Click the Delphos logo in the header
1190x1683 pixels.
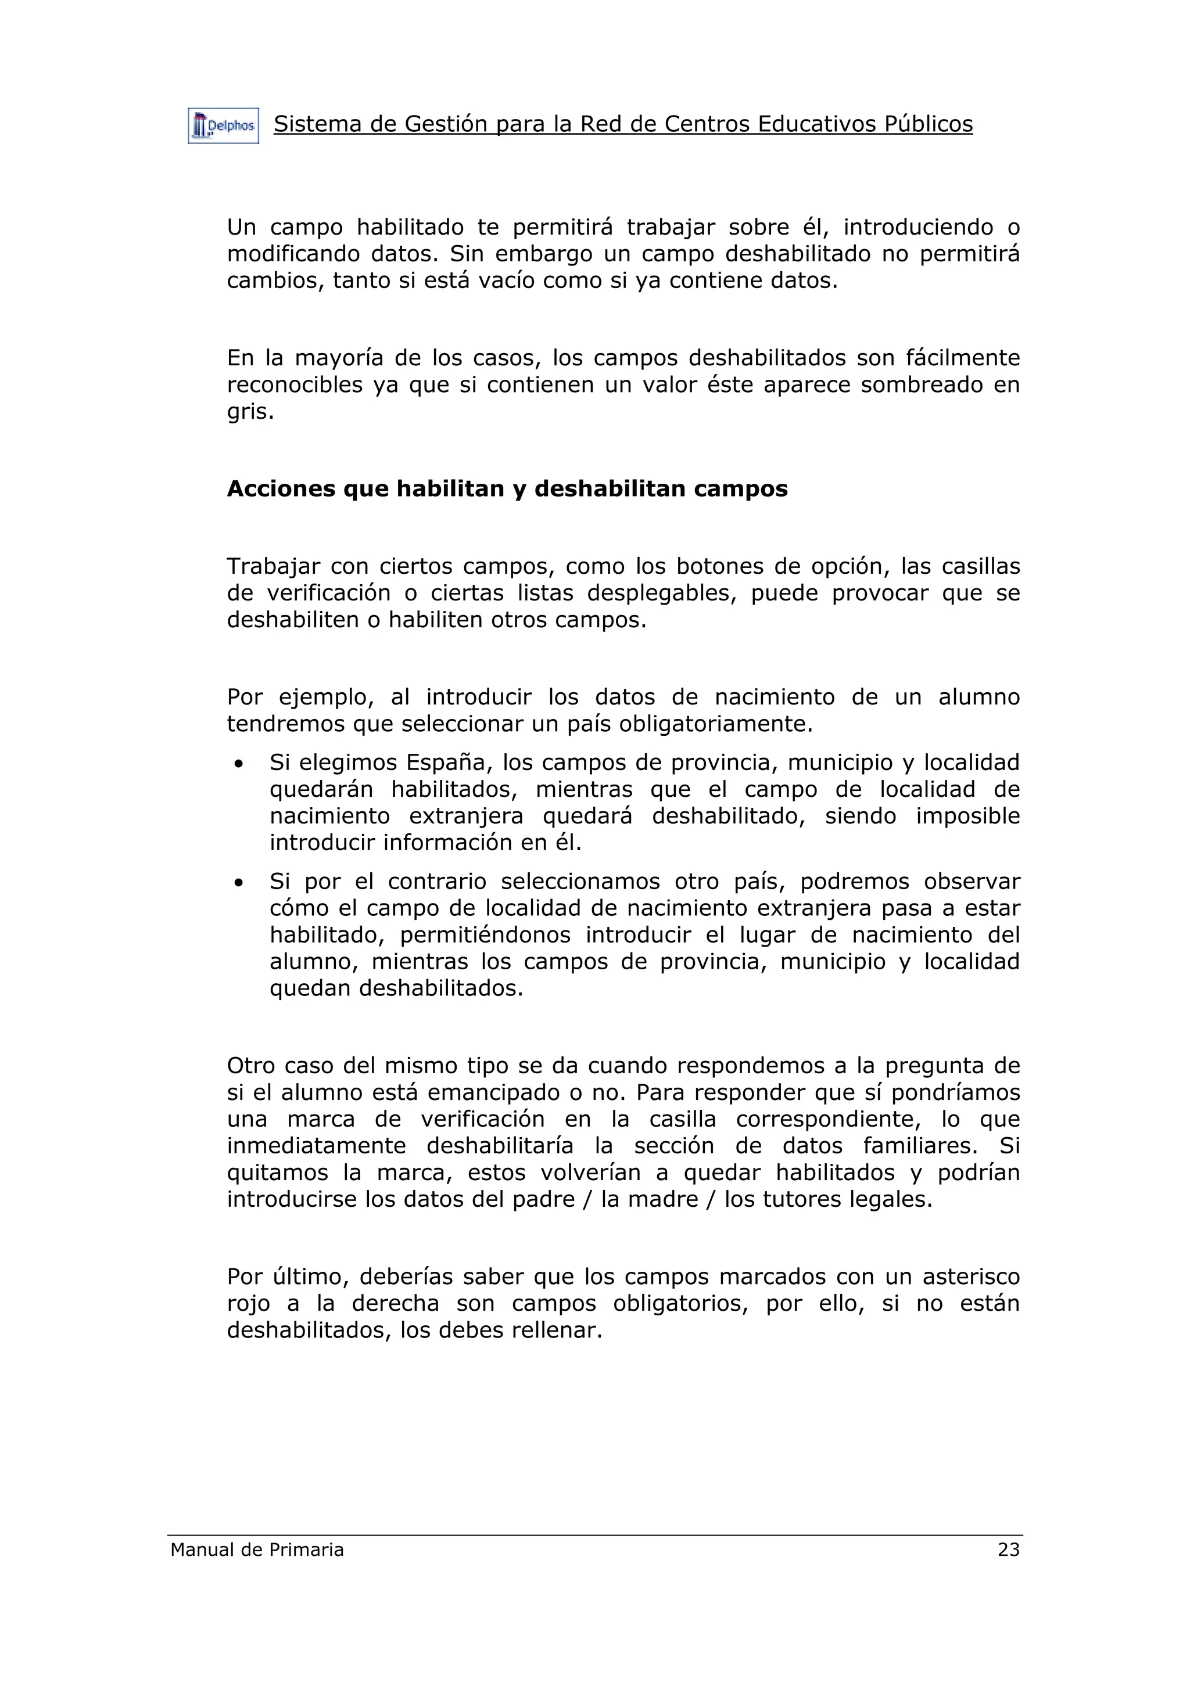tap(223, 126)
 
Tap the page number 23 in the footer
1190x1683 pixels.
tap(1008, 1549)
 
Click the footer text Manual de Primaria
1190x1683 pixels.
tap(257, 1549)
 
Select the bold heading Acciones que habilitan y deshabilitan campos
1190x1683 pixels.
tap(507, 489)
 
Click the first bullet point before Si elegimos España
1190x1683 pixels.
tap(238, 764)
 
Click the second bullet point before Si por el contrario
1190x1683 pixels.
tap(238, 883)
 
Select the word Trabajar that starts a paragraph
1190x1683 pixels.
tap(273, 567)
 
